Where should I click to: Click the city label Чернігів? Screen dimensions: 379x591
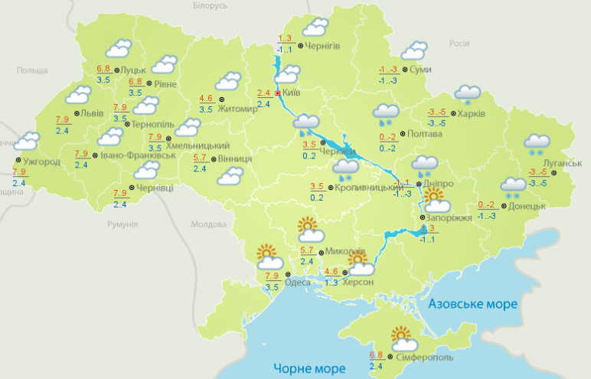coord(324,46)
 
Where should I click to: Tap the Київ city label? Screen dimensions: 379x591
coord(291,93)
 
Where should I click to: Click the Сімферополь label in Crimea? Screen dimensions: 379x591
coord(426,358)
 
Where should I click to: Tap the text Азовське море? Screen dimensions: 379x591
coord(473,304)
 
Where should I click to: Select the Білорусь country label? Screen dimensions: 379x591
coord(210,6)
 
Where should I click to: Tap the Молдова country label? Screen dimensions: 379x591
coord(209,224)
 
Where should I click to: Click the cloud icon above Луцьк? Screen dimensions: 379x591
coord(116,49)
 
